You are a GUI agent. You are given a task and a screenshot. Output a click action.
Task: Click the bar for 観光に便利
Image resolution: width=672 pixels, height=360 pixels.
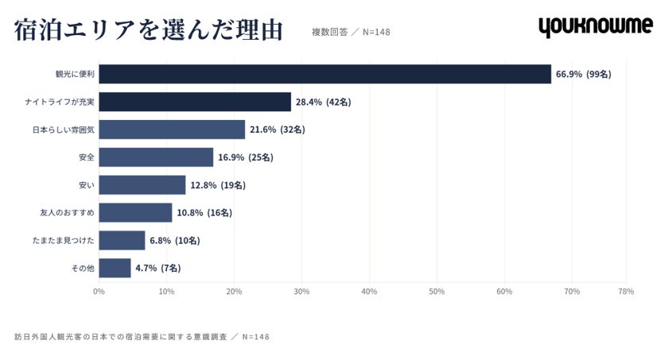(324, 74)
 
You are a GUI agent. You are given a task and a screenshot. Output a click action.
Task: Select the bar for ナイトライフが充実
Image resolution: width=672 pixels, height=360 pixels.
(195, 102)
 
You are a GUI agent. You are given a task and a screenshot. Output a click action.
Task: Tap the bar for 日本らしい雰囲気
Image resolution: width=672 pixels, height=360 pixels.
(172, 130)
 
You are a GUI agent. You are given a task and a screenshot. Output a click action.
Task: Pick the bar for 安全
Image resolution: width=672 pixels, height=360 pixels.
(156, 157)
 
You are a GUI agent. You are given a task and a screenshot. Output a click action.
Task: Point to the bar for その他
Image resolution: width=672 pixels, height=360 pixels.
(115, 268)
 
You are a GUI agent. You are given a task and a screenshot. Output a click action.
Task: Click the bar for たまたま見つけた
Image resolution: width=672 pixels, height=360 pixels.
(122, 240)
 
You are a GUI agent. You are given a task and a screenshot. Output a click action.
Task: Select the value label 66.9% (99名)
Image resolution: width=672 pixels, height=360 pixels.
(583, 74)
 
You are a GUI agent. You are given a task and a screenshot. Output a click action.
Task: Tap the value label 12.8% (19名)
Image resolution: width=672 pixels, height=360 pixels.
(218, 185)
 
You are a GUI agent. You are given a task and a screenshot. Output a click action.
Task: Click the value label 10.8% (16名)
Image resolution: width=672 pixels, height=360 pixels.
(204, 213)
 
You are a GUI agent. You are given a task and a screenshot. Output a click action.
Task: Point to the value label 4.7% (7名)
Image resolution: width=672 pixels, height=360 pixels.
(158, 268)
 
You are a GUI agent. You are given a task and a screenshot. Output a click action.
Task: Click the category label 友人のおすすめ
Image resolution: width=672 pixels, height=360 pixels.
(67, 213)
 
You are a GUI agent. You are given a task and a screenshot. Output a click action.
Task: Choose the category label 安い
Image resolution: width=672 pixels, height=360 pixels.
(87, 185)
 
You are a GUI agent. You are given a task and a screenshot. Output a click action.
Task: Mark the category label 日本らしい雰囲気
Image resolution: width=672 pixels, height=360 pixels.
(64, 130)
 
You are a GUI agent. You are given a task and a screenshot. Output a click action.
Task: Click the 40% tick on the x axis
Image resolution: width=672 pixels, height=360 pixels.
(369, 292)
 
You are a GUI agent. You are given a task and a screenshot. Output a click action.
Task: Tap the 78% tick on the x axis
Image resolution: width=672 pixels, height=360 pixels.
(626, 292)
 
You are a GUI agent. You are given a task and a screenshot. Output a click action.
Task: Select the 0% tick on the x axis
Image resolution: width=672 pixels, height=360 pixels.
(99, 292)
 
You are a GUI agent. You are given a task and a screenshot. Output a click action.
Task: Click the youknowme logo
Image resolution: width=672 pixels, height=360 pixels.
(596, 27)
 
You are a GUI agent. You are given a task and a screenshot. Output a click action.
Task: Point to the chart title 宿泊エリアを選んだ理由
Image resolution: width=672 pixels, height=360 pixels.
(148, 30)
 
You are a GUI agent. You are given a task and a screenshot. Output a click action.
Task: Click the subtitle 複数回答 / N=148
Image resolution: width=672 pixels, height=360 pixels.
(351, 32)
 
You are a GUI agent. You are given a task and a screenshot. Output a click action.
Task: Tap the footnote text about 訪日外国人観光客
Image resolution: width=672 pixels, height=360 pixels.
(142, 337)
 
